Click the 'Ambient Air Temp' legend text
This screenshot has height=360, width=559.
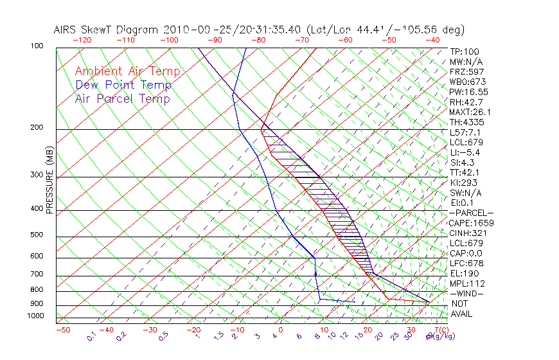pyautogui.click(x=127, y=71)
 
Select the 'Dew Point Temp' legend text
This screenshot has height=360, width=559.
pyautogui.click(x=123, y=85)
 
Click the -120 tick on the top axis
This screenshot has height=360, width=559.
pyautogui.click(x=82, y=39)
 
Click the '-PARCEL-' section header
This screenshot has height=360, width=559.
pyautogui.click(x=471, y=213)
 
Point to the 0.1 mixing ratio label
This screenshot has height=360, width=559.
pyautogui.click(x=92, y=336)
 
